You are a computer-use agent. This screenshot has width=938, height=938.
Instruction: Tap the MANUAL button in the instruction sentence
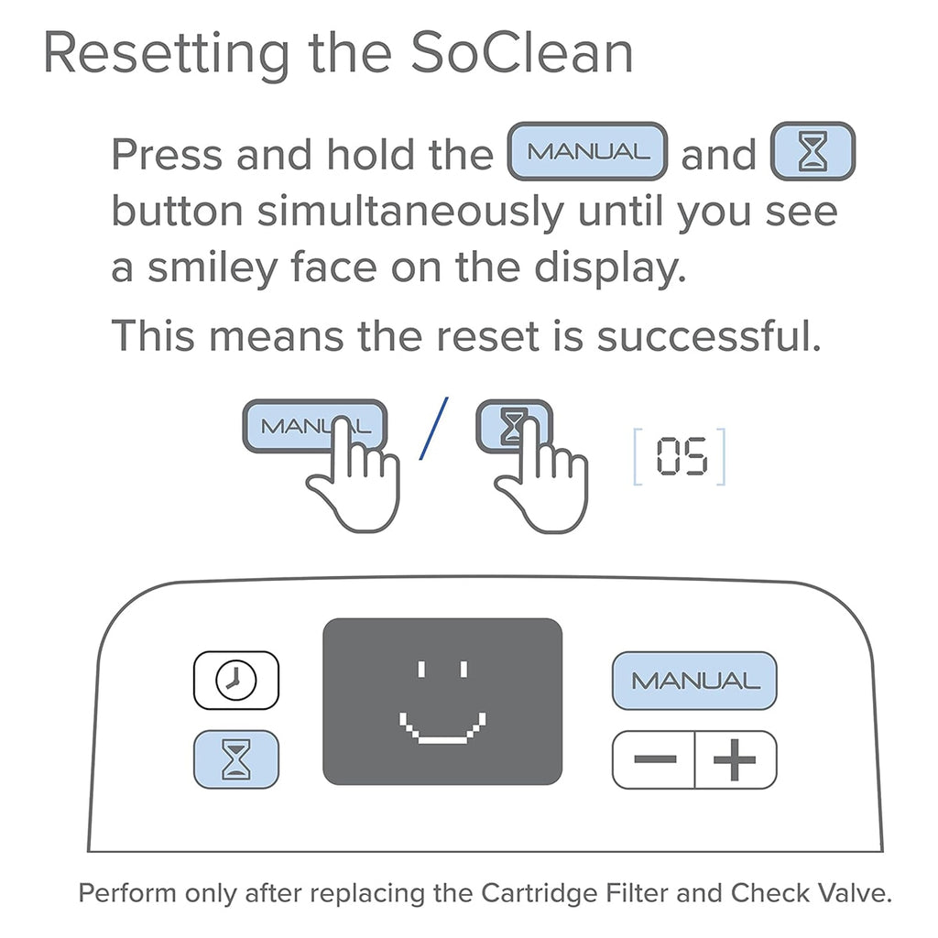click(587, 151)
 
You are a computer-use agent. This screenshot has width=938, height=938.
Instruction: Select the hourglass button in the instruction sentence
click(813, 151)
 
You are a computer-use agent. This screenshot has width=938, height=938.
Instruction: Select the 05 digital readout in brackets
click(681, 455)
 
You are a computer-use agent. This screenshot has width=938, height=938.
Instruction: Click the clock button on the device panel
click(235, 680)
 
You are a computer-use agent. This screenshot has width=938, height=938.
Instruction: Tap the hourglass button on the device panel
click(235, 759)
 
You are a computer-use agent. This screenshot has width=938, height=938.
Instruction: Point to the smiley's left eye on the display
click(420, 669)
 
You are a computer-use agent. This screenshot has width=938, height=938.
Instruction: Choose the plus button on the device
click(735, 759)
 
